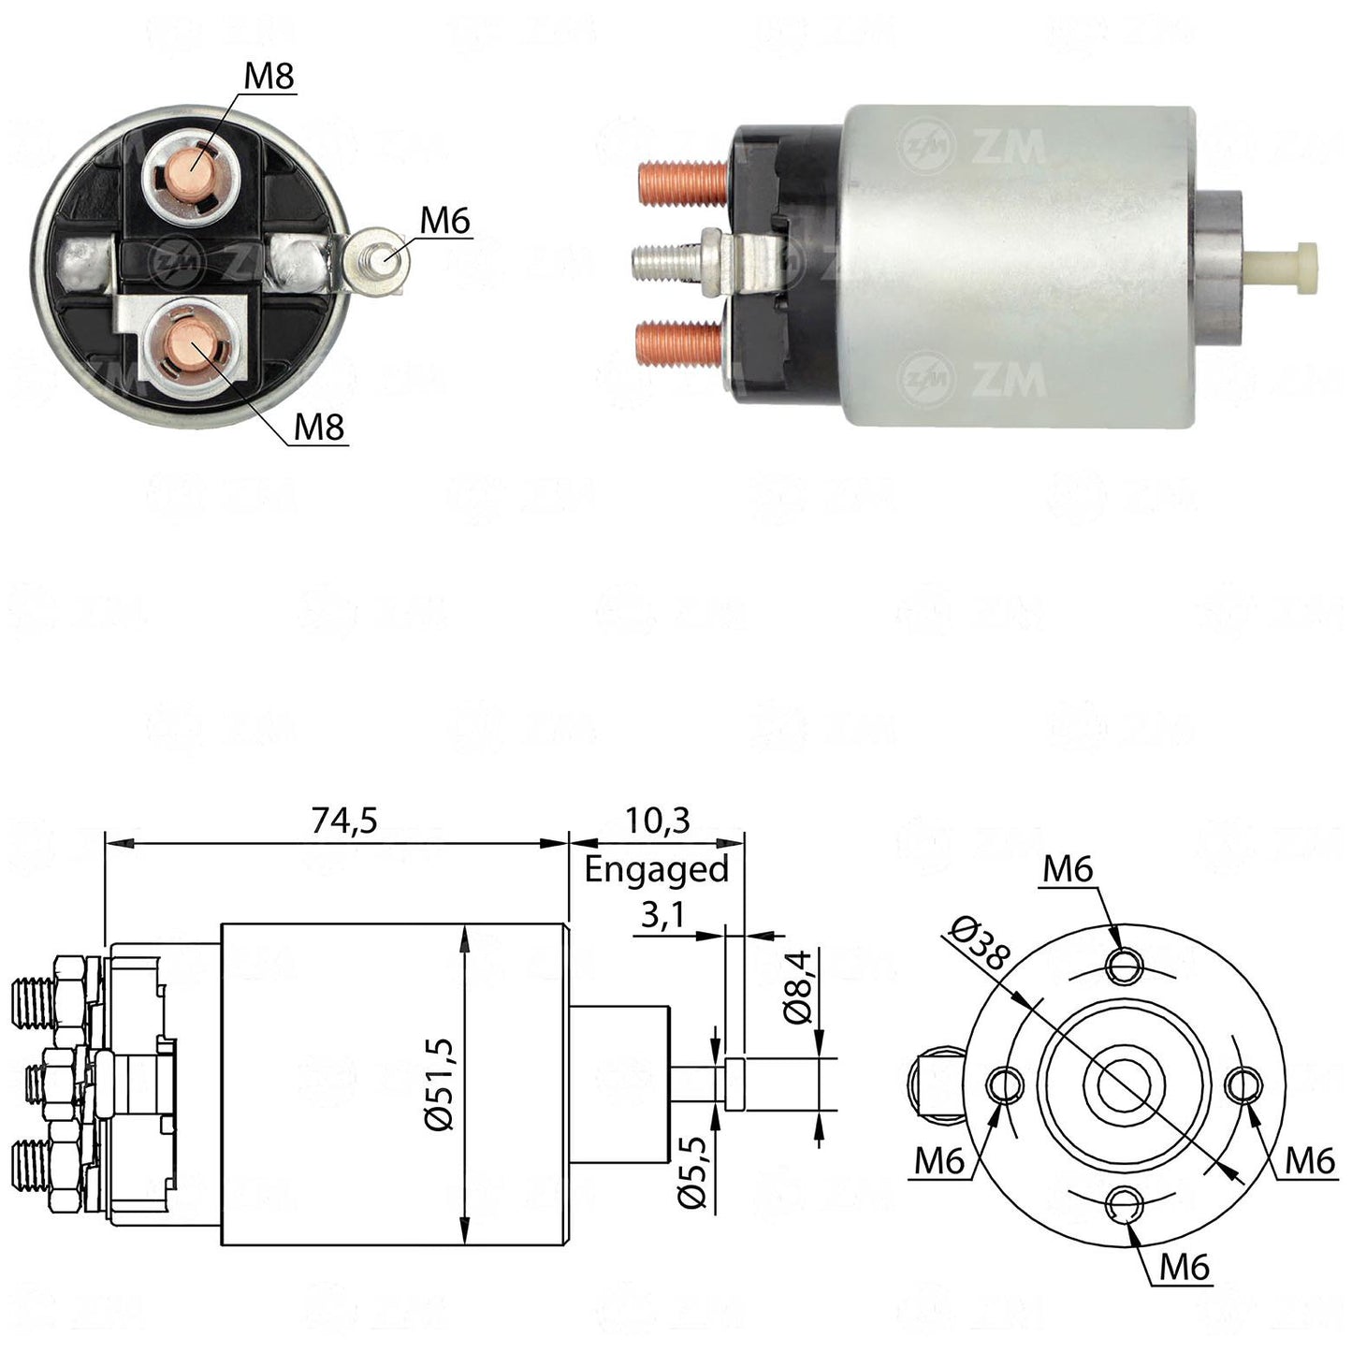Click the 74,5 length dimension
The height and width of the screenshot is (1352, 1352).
[343, 820]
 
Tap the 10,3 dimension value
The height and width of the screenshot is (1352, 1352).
[657, 820]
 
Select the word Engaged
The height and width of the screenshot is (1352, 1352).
[657, 871]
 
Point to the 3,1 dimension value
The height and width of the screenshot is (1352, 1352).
[662, 915]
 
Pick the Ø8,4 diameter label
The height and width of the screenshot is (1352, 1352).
[798, 987]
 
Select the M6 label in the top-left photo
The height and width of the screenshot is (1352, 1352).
[444, 222]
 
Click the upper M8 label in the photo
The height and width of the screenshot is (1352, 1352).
[269, 77]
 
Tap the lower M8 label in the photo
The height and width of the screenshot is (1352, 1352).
[319, 428]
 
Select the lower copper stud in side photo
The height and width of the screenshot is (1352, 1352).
[680, 343]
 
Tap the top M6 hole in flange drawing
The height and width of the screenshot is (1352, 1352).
[1126, 967]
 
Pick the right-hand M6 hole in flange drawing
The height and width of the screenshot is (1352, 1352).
[1244, 1085]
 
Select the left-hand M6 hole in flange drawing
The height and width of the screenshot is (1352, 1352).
[1006, 1085]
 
